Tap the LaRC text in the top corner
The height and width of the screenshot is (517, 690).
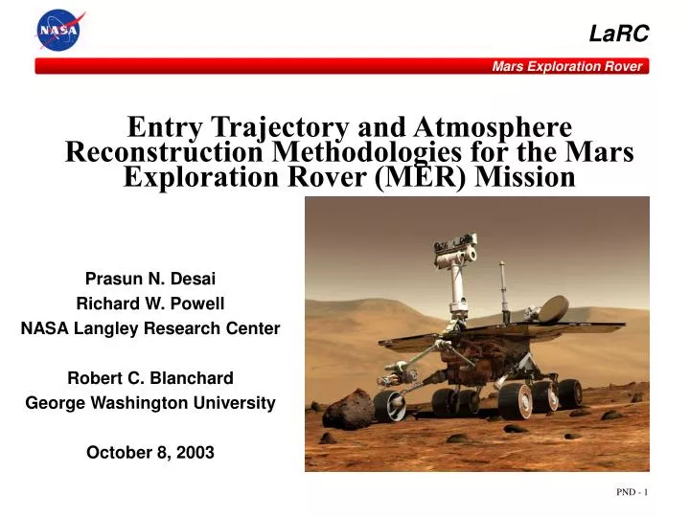click(x=618, y=34)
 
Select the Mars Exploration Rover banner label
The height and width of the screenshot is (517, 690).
click(x=567, y=66)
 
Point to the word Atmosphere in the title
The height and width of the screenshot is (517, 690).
click(x=492, y=127)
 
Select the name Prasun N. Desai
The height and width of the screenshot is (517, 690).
click(x=150, y=279)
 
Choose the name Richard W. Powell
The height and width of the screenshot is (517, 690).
click(x=150, y=303)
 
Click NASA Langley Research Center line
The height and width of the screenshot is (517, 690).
click(x=150, y=328)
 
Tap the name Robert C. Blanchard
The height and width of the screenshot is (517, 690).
click(x=150, y=378)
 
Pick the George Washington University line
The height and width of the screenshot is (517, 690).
click(x=150, y=403)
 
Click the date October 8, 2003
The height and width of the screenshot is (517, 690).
click(x=150, y=453)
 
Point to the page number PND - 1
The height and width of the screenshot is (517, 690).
click(x=632, y=492)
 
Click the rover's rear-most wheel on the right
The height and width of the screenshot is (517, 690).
click(x=570, y=392)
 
